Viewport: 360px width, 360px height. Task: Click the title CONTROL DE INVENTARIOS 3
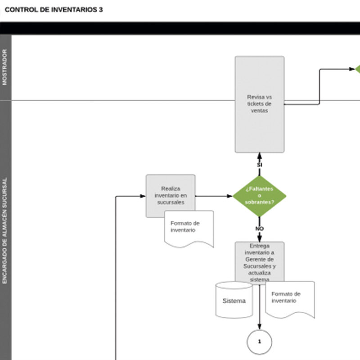54,9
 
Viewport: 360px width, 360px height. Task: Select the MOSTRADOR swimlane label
5,67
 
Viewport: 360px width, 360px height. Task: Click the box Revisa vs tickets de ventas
260,104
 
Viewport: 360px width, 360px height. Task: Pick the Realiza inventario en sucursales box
171,196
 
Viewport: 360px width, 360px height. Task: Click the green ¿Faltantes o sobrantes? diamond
260,196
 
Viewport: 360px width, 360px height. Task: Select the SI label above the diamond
260,165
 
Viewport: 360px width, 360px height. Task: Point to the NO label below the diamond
260,229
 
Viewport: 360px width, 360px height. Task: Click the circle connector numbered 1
260,342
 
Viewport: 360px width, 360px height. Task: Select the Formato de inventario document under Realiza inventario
189,228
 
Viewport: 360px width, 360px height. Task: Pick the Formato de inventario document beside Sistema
290,298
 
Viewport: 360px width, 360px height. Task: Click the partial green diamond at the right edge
358,69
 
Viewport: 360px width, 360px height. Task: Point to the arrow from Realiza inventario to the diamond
214,196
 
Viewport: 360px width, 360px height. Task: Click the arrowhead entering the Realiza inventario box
143,196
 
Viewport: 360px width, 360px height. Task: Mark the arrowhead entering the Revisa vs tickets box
260,156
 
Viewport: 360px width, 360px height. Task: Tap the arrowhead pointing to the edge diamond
352,69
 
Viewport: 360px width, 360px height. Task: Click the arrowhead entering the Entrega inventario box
260,238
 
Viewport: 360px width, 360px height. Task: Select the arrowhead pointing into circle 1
260,327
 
